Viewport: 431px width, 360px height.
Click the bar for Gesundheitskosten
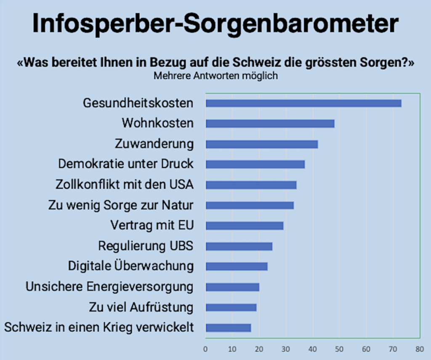pos(303,103)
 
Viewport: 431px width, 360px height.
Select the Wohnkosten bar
pos(270,123)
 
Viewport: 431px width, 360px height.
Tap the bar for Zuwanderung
pos(261,144)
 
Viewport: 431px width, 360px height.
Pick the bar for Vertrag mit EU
pos(244,226)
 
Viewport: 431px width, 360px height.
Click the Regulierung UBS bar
pos(239,246)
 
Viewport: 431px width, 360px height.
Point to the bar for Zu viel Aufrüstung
pos(231,307)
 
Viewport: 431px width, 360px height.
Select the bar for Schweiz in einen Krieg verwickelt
pos(228,328)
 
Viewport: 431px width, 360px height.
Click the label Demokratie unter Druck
pos(126,164)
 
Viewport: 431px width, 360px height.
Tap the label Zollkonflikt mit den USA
pos(125,184)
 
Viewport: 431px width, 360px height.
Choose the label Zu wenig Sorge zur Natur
pos(121,205)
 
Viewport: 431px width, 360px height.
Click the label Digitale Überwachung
pos(131,266)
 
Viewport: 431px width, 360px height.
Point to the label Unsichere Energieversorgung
pos(109,287)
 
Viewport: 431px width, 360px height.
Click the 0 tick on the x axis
pos(205,349)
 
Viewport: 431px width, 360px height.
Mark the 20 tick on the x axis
pos(259,349)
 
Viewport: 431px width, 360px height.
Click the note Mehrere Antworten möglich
pos(215,76)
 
